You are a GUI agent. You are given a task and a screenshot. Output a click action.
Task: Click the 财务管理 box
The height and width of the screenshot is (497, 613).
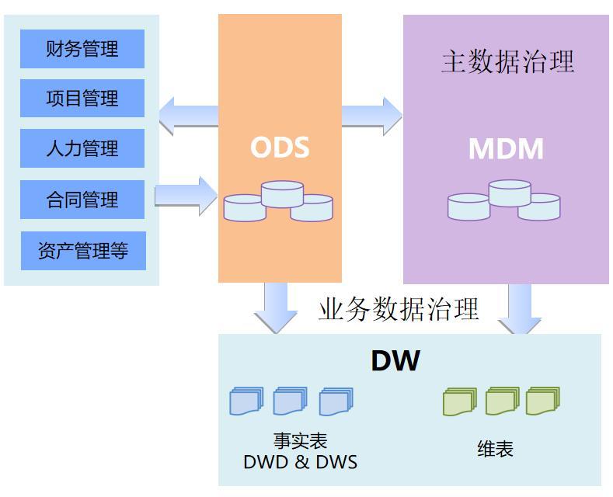pyautogui.click(x=82, y=49)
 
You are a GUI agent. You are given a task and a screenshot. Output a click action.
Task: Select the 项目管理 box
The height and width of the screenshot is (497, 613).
pyautogui.click(x=82, y=98)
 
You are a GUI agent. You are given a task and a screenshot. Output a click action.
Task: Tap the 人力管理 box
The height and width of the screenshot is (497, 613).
pyautogui.click(x=82, y=148)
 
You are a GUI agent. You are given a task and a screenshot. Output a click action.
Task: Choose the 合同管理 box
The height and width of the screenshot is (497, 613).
pyautogui.click(x=82, y=200)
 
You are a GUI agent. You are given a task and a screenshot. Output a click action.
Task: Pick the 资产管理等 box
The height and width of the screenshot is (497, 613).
pyautogui.click(x=83, y=251)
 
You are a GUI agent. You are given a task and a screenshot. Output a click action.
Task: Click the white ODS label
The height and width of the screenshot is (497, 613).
pyautogui.click(x=280, y=148)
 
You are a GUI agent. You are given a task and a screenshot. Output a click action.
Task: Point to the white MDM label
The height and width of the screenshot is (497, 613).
pyautogui.click(x=506, y=148)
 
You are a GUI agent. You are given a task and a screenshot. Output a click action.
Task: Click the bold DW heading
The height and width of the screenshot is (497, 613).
pyautogui.click(x=395, y=360)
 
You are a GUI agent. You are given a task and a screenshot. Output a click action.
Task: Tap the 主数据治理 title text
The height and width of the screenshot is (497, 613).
pyautogui.click(x=507, y=61)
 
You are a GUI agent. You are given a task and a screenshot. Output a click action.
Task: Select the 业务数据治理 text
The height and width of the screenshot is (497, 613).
pyautogui.click(x=399, y=308)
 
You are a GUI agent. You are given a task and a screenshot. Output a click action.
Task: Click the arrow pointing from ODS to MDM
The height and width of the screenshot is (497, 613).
pyautogui.click(x=372, y=116)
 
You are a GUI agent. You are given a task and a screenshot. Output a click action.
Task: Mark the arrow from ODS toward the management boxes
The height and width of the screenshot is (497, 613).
pyautogui.click(x=189, y=116)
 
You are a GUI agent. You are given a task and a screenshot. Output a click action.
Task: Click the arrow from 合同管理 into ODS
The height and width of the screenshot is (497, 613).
pyautogui.click(x=186, y=196)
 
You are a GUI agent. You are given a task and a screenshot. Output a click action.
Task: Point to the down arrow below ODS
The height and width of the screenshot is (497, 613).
pyautogui.click(x=276, y=308)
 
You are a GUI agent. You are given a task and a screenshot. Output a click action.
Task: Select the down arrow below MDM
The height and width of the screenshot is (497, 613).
pyautogui.click(x=520, y=308)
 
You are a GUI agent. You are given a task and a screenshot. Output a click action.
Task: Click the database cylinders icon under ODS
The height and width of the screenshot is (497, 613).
pyautogui.click(x=278, y=201)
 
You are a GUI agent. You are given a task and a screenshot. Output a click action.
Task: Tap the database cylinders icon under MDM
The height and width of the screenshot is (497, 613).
pyautogui.click(x=504, y=200)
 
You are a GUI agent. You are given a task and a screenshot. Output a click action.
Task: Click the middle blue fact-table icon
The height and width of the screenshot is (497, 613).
pyautogui.click(x=290, y=401)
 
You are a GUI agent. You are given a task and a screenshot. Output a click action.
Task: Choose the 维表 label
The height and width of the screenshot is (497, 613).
pyautogui.click(x=495, y=449)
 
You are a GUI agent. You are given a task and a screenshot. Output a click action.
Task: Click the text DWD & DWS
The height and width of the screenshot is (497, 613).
pyautogui.click(x=300, y=462)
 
